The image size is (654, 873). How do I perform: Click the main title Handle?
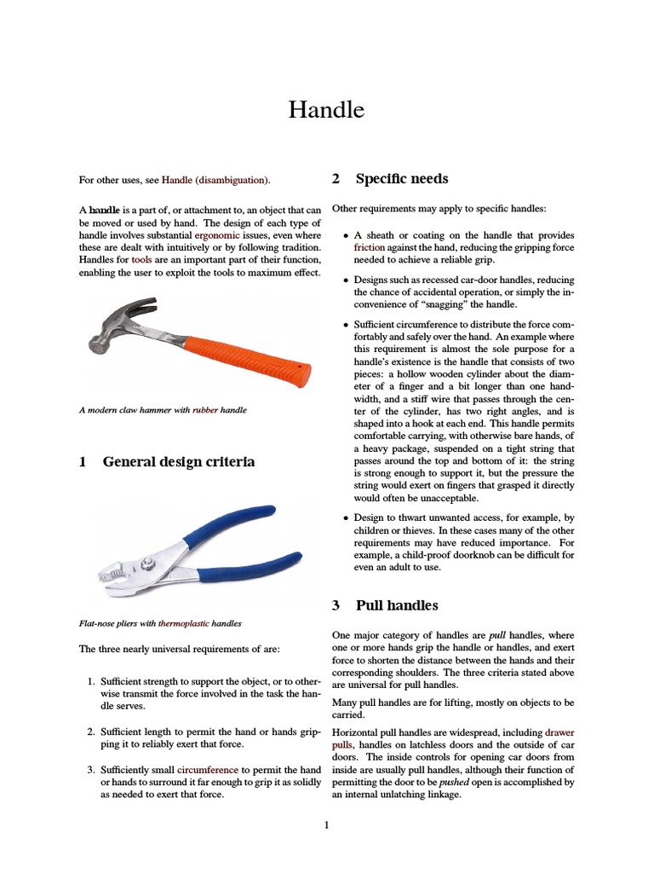point(326,110)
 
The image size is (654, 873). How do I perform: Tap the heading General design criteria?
point(178,462)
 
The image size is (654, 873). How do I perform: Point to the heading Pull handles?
point(396,605)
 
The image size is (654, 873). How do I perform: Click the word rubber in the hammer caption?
point(205,410)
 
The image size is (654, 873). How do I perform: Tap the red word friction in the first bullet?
point(370,247)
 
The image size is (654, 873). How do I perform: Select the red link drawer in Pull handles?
point(559,731)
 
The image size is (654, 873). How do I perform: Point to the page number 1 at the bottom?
point(326,825)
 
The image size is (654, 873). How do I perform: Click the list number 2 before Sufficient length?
point(92,731)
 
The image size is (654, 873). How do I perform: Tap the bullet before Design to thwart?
point(345,517)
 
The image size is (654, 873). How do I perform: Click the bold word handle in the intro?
point(104,210)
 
